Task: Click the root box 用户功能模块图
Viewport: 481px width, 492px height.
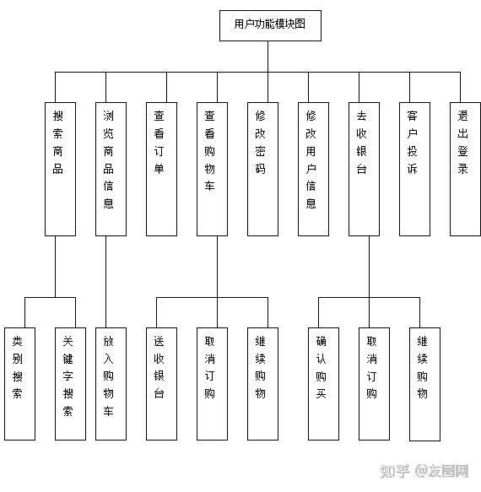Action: click(270, 25)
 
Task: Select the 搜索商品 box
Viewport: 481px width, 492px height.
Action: click(60, 169)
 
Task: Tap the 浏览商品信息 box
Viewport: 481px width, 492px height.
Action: click(111, 169)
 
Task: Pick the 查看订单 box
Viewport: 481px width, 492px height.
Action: click(161, 169)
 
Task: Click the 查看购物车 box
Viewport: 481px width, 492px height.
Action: click(212, 169)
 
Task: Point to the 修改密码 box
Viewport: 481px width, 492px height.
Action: click(262, 169)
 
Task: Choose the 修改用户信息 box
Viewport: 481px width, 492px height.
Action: click(313, 169)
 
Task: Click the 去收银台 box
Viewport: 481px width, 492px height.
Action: click(364, 169)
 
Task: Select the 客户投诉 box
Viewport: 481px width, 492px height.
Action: click(414, 169)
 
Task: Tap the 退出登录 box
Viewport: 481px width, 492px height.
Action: click(465, 169)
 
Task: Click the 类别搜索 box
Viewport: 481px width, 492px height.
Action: click(19, 384)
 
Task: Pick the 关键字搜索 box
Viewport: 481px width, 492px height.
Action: click(70, 384)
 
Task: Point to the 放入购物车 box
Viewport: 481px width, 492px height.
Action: click(111, 384)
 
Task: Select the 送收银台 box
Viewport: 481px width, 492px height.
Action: click(161, 384)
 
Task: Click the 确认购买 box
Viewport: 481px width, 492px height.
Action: click(323, 384)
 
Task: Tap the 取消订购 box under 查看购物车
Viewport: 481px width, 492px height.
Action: click(212, 384)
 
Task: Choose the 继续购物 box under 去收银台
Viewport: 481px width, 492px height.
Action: click(424, 384)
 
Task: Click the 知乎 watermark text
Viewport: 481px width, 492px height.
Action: click(395, 471)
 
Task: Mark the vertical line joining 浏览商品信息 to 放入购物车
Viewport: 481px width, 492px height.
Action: click(105, 282)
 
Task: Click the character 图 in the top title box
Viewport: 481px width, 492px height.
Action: click(300, 24)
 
